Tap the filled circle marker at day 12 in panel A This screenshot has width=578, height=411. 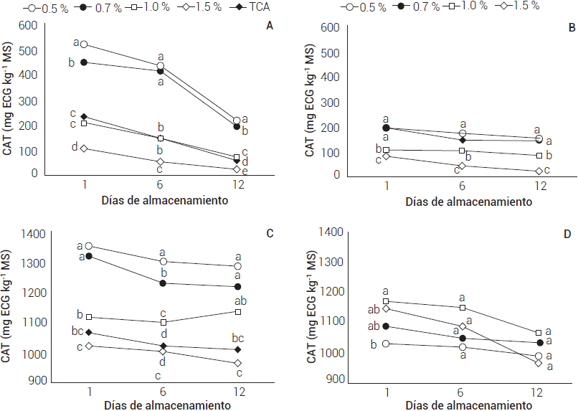(x=237, y=127)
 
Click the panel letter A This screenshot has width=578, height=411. (x=270, y=26)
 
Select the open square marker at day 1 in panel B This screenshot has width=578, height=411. (x=387, y=151)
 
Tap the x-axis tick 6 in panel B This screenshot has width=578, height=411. (x=463, y=186)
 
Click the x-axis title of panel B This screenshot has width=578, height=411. (x=468, y=202)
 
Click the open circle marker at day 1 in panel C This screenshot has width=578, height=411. (x=89, y=246)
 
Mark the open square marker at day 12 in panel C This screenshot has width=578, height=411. (x=237, y=312)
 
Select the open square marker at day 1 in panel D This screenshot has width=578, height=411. (x=387, y=301)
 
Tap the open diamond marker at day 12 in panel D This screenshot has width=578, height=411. (x=539, y=363)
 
